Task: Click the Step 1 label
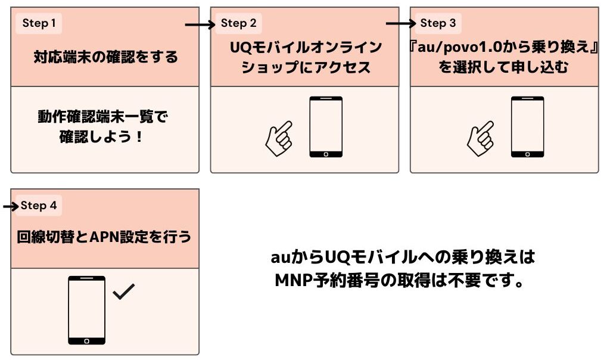pos(39,23)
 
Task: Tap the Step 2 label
pos(238,23)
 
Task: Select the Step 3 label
pos(438,23)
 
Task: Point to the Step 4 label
pos(39,206)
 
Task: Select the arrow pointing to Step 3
pos(400,24)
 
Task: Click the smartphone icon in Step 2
pos(326,126)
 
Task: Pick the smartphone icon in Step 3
pos(527,126)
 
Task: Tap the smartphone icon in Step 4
pos(87,310)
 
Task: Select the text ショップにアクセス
pos(305,67)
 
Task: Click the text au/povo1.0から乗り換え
pos(505,48)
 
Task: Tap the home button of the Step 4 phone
pos(87,341)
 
